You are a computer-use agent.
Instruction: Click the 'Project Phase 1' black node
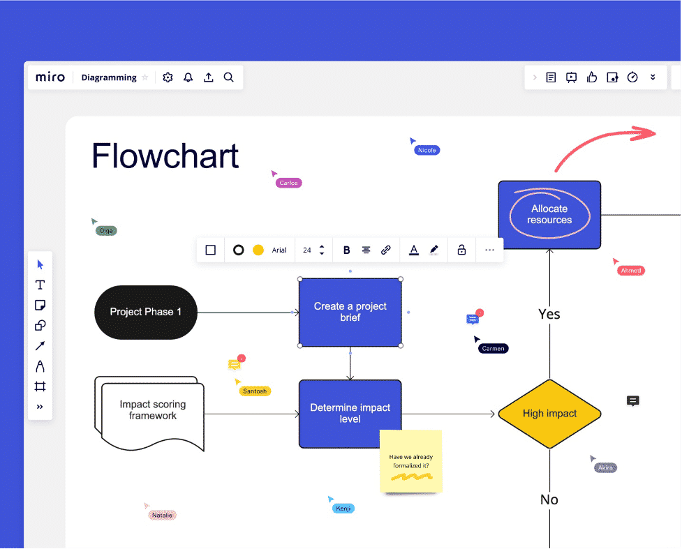pos(146,312)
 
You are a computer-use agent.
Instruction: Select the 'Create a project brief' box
pos(350,312)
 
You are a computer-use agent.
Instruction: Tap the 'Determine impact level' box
pos(350,414)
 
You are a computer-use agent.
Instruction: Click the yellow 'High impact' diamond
pos(549,414)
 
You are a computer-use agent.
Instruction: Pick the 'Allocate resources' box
pos(549,214)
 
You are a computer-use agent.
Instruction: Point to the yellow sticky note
pos(410,461)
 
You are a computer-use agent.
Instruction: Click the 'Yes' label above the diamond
pos(549,314)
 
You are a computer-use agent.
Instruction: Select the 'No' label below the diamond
pos(549,499)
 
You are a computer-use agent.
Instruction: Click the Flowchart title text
pos(165,156)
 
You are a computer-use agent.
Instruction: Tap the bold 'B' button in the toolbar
pos(347,250)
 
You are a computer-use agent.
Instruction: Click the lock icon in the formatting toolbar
pos(461,250)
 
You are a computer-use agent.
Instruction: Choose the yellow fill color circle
pos(258,250)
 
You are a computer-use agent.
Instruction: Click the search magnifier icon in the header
pos(228,77)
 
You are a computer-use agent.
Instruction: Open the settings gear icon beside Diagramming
pos(168,77)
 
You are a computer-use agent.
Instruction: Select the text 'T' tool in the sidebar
pos(40,285)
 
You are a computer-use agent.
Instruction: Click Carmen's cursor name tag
pos(493,348)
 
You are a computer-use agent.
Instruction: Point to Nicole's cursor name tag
pos(427,150)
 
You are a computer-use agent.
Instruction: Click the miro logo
pos(50,77)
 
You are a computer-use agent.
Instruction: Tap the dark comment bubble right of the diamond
pos(633,400)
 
